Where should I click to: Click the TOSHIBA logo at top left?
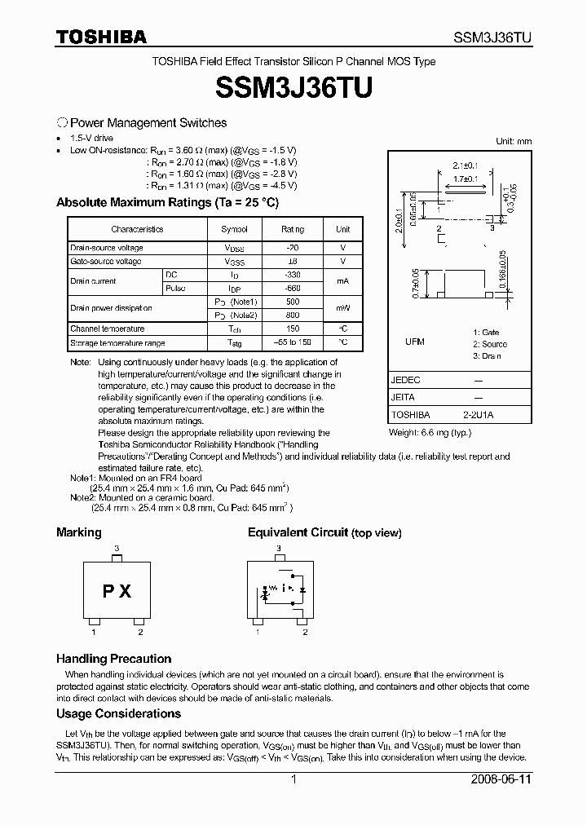click(x=101, y=37)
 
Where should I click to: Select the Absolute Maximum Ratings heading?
click(x=167, y=202)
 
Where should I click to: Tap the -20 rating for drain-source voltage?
click(x=292, y=248)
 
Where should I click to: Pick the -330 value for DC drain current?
click(x=292, y=276)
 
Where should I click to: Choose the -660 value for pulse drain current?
click(x=292, y=289)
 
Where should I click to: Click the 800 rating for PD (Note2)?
click(x=292, y=315)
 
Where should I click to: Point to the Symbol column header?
click(x=235, y=230)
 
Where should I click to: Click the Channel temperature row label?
click(x=108, y=329)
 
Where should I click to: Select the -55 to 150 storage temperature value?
click(x=292, y=343)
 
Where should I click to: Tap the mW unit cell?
click(x=343, y=308)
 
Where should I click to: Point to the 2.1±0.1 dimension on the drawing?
click(x=463, y=165)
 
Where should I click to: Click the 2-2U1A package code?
click(x=479, y=414)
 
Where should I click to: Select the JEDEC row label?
click(x=406, y=381)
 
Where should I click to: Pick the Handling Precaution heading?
click(x=113, y=659)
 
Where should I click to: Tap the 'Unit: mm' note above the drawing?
click(x=514, y=141)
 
